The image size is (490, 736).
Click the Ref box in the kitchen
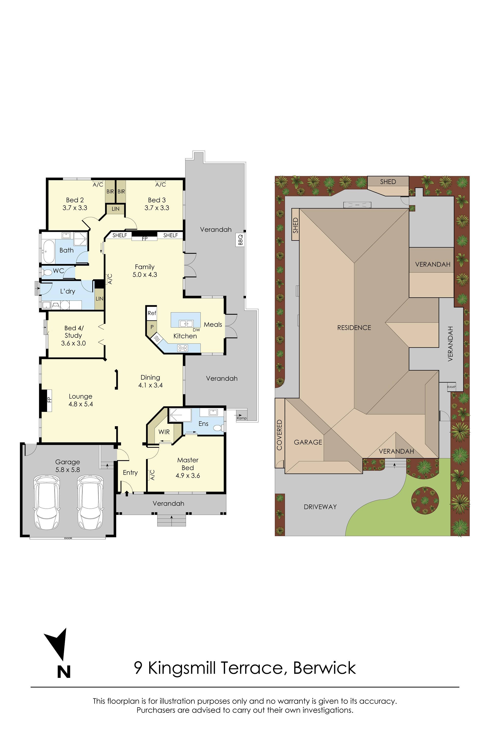[152, 313]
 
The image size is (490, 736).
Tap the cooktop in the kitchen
[182, 348]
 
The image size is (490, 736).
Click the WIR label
[164, 432]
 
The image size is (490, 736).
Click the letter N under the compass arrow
[64, 671]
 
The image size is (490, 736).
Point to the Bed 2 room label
[75, 200]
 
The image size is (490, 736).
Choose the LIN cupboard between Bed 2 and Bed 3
[115, 209]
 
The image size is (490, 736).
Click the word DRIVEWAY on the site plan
[320, 507]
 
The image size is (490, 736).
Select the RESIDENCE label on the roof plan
[354, 328]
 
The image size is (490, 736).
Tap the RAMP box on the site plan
[451, 387]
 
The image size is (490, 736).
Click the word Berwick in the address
[324, 668]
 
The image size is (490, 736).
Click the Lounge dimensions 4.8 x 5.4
[81, 404]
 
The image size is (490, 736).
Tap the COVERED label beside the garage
[279, 435]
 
